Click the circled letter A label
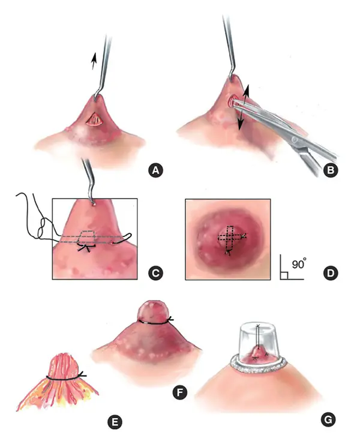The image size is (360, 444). [156, 170]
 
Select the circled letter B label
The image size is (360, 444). [329, 170]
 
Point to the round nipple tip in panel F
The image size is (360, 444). [153, 311]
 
